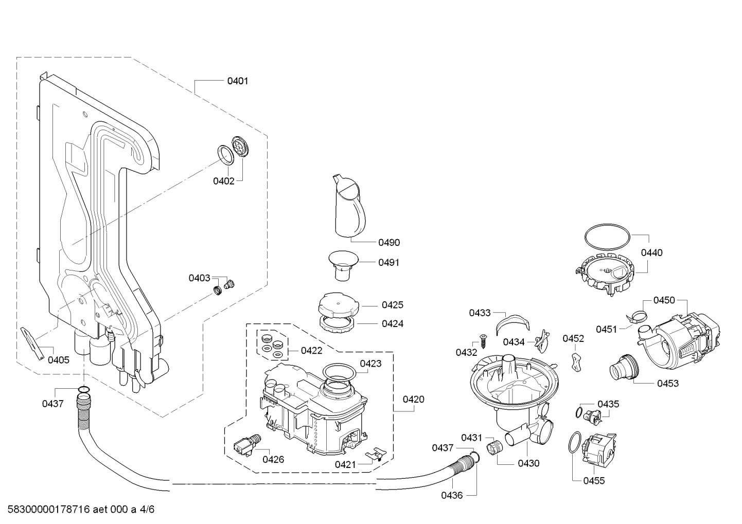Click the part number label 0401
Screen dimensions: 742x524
[x=238, y=81]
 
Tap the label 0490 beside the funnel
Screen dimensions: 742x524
[x=389, y=243]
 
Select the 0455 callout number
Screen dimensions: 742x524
[x=594, y=481]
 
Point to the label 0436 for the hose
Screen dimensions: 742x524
[x=452, y=495]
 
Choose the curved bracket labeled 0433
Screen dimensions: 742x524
[x=513, y=324]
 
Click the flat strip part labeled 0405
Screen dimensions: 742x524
[x=32, y=344]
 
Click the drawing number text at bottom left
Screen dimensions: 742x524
[x=81, y=509]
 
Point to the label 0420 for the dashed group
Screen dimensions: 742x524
[x=413, y=400]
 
